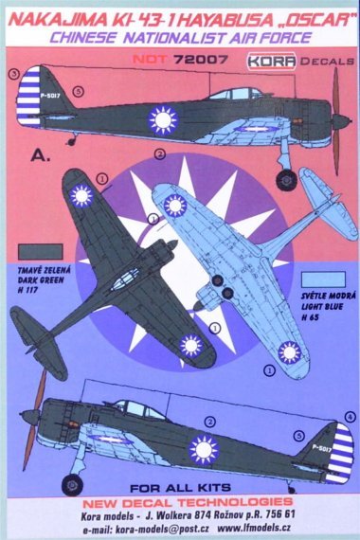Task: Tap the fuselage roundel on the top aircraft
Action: pyautogui.click(x=164, y=119)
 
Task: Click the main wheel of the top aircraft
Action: pyautogui.click(x=285, y=174)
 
